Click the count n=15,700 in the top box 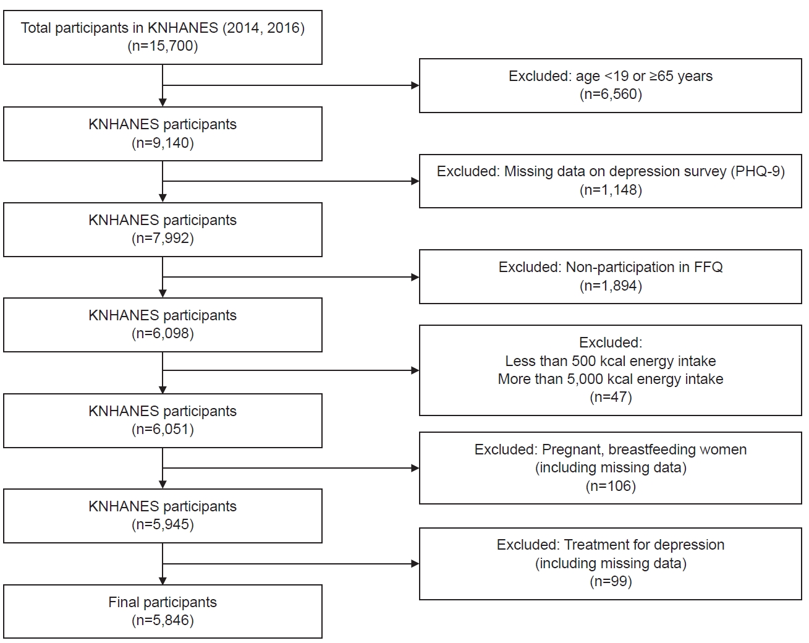click(x=163, y=46)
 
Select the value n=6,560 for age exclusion click(x=611, y=94)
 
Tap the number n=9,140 click(x=163, y=143)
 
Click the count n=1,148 click(x=611, y=190)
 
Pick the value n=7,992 click(x=163, y=238)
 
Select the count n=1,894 click(x=611, y=286)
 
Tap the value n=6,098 click(x=163, y=333)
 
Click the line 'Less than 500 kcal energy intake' click(x=611, y=361)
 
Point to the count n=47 click(x=611, y=397)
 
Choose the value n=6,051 click(x=163, y=429)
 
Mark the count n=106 click(x=611, y=486)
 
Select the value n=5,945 click(x=163, y=524)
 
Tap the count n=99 click(x=611, y=581)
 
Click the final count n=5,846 click(x=163, y=620)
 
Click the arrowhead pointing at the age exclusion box click(x=415, y=85)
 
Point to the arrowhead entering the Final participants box click(x=163, y=581)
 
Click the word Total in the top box click(x=36, y=28)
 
